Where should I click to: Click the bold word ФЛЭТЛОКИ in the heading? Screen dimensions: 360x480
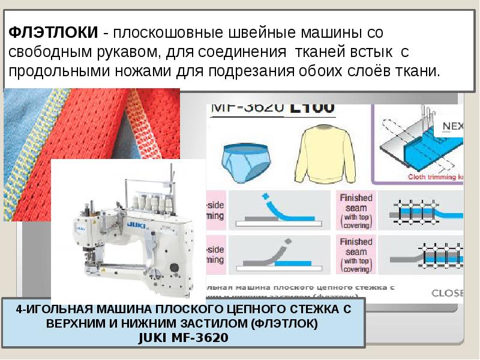51,33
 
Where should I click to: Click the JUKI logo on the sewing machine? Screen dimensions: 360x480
135,226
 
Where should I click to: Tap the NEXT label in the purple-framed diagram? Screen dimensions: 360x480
454,126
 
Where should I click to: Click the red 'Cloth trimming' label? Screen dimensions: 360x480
435,177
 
